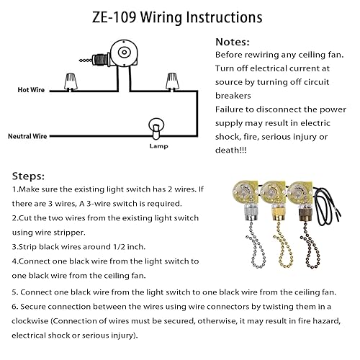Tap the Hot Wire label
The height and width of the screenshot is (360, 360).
[x=32, y=90]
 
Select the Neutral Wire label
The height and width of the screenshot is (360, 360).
[x=28, y=135]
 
